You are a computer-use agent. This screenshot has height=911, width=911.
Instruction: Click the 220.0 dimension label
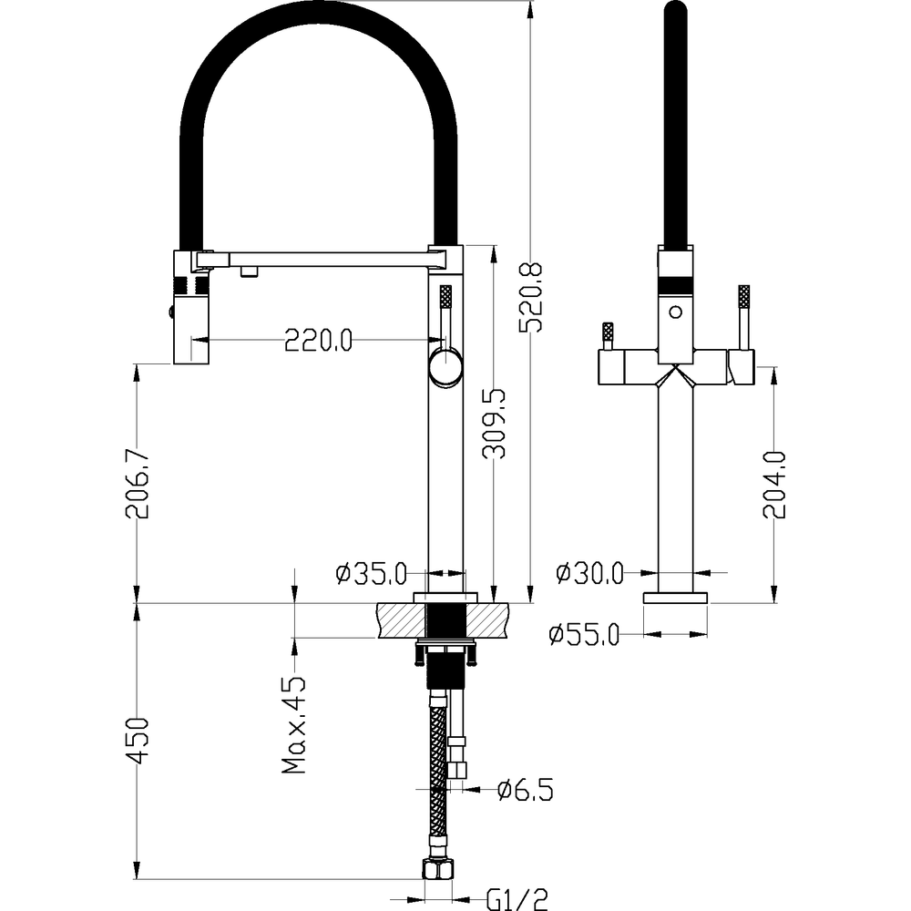click(x=318, y=340)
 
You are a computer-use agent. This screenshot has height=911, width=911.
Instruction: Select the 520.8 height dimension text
click(x=530, y=298)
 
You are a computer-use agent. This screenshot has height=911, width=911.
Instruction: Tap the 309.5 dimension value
click(x=495, y=424)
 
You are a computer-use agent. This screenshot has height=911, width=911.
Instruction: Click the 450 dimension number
click(x=138, y=741)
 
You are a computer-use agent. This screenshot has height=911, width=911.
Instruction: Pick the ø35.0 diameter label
click(x=372, y=574)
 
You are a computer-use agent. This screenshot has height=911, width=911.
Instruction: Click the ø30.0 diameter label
click(x=589, y=573)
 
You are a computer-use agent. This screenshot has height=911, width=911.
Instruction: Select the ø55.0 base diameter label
click(x=585, y=634)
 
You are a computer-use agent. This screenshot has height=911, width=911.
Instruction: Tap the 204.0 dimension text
click(x=774, y=485)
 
